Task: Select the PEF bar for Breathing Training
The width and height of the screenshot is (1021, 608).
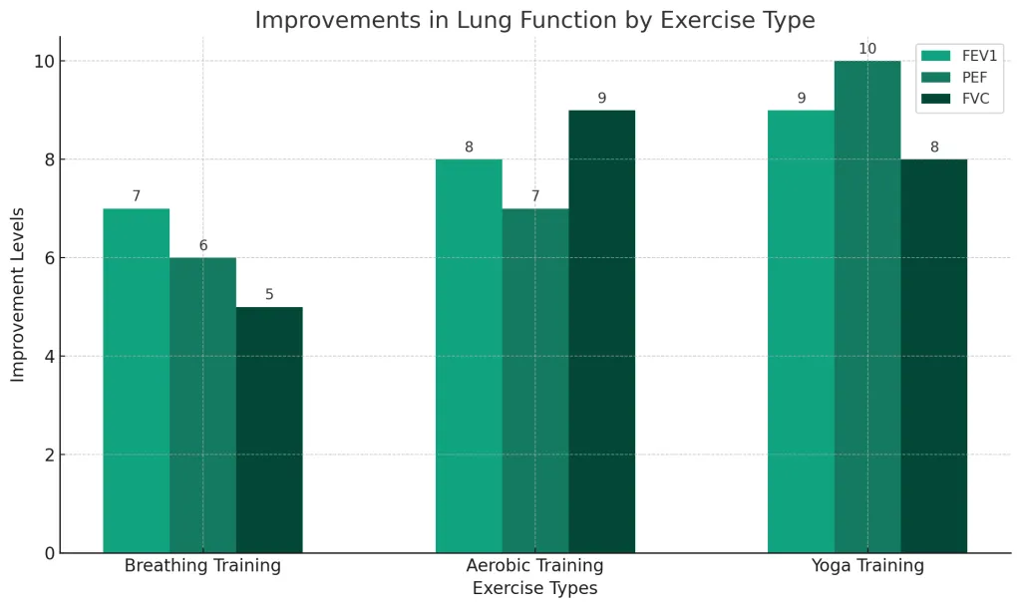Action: click(x=202, y=405)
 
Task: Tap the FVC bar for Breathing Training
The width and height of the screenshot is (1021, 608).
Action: click(x=269, y=430)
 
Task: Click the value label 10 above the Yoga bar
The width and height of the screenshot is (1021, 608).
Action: click(x=867, y=49)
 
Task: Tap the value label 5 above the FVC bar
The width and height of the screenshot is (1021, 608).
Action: click(x=269, y=295)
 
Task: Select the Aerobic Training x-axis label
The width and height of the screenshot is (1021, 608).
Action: click(x=535, y=566)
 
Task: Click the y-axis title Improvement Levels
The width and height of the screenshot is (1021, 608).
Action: click(x=18, y=294)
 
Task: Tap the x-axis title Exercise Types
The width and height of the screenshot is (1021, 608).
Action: click(x=535, y=589)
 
